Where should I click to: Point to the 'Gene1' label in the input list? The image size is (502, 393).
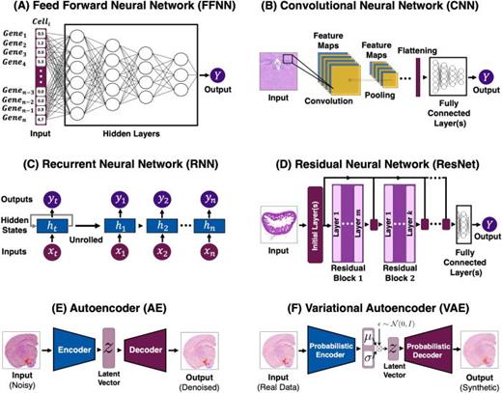(18, 33)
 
